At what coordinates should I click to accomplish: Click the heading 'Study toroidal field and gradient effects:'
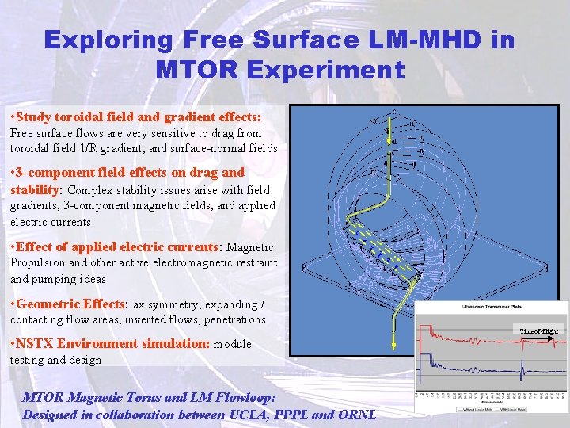(136, 117)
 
